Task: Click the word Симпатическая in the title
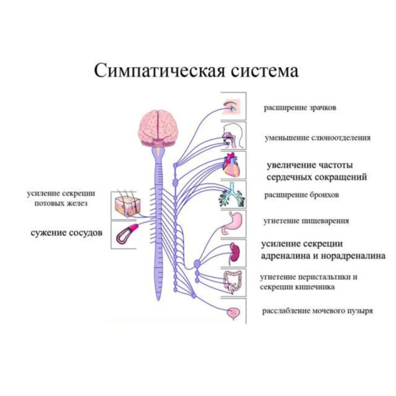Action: (160, 70)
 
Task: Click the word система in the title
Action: (264, 70)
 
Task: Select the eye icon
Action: (232, 107)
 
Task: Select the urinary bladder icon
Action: (233, 313)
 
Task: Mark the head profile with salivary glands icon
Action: (233, 135)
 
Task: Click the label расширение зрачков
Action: (300, 108)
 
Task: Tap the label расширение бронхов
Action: (301, 195)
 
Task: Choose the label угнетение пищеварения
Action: (306, 221)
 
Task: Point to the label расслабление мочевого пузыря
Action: (317, 311)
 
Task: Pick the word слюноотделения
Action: (341, 138)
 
